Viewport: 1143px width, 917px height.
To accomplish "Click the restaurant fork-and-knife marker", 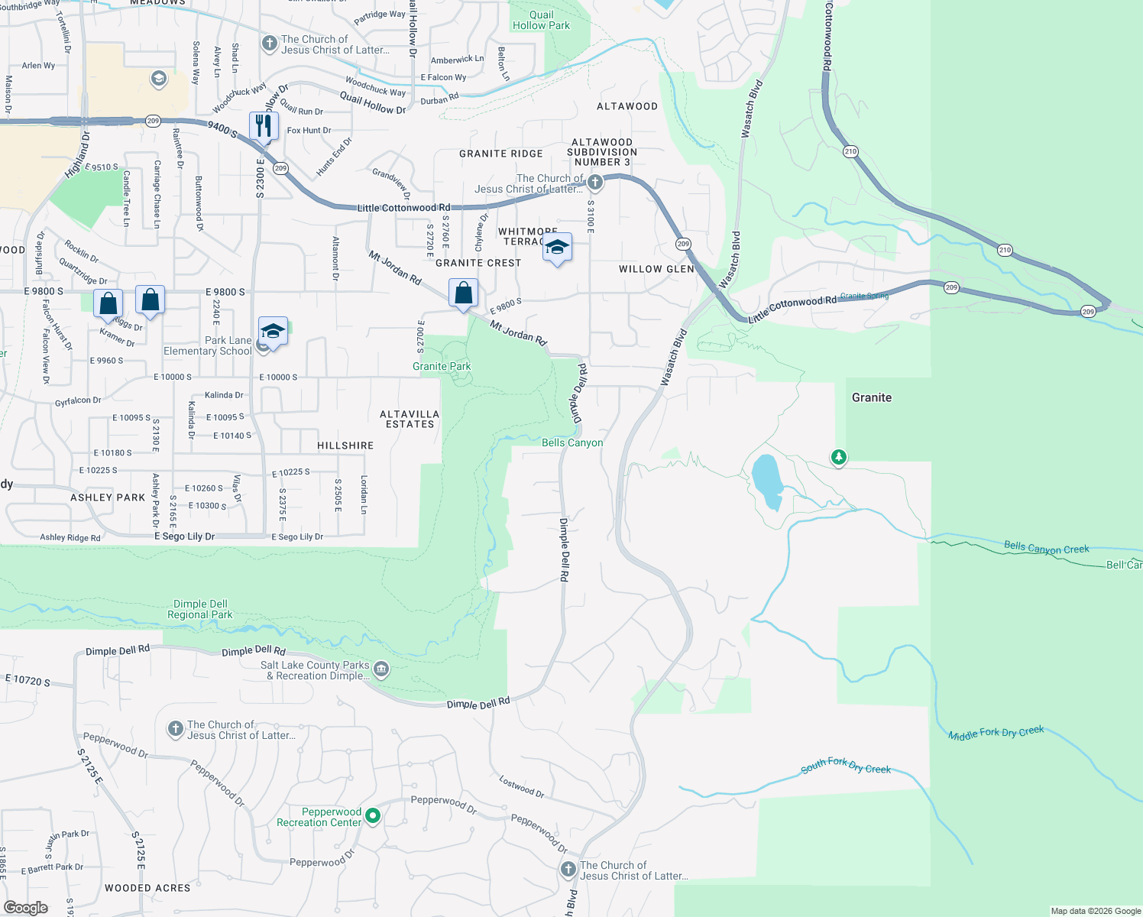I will point(264,126).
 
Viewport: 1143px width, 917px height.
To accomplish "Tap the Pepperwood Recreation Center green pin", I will point(373,816).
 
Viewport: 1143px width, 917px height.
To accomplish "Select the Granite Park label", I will point(442,367).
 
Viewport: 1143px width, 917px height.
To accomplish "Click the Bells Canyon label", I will point(572,443).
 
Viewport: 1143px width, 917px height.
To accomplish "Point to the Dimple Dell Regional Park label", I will point(199,609).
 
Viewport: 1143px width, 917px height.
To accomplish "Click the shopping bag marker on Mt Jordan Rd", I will point(463,293).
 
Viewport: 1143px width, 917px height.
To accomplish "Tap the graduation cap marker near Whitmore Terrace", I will point(557,248).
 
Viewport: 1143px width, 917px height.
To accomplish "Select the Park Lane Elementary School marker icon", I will point(273,332).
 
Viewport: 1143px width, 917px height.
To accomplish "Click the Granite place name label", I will point(872,397).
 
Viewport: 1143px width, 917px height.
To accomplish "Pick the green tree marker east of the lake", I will point(839,457).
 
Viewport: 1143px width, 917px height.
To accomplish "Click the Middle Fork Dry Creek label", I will point(996,734).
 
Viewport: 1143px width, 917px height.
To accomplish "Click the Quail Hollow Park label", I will point(541,20).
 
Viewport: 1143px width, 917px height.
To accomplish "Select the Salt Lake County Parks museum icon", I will point(381,670).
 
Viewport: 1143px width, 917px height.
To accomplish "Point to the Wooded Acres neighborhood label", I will point(147,888).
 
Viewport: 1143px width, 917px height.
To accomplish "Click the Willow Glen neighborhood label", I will point(656,269).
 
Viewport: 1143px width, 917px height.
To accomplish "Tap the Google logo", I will point(25,908).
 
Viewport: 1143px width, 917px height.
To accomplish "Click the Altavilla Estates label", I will point(410,419).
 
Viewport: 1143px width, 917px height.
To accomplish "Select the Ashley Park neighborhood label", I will point(108,497).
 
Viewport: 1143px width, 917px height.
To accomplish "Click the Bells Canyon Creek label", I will point(1046,548).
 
